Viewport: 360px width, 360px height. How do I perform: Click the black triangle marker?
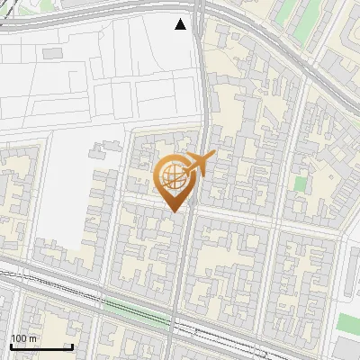tap(181, 24)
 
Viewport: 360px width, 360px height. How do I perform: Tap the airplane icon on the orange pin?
tap(199, 164)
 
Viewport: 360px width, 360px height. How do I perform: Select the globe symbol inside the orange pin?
tap(171, 175)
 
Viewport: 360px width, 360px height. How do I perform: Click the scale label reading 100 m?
tap(23, 338)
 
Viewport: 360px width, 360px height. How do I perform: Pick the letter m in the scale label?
tap(33, 338)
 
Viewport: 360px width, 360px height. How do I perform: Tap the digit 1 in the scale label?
tap(13, 338)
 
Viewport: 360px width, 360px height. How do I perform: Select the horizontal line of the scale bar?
tap(41, 346)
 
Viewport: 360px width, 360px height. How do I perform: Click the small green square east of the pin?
tap(300, 184)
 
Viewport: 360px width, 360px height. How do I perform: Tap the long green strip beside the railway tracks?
tap(135, 311)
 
